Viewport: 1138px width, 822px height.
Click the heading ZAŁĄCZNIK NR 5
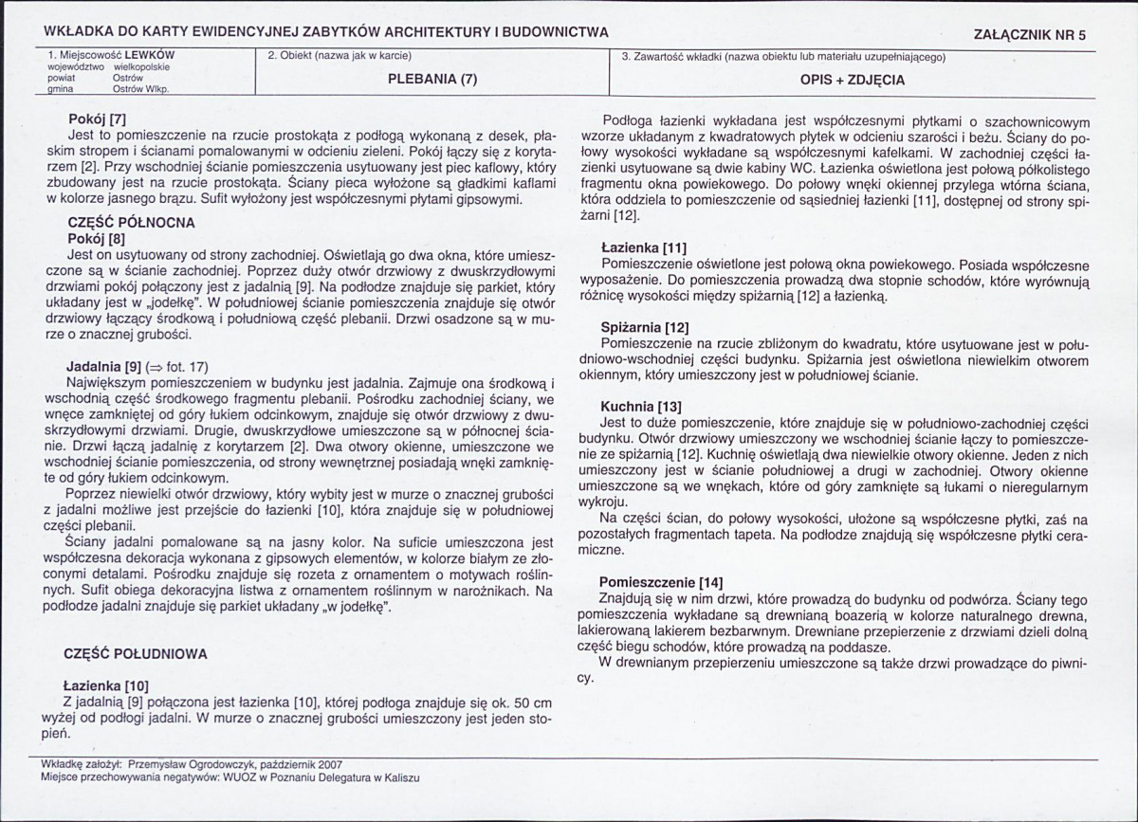[1030, 34]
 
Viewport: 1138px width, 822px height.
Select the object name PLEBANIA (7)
[432, 81]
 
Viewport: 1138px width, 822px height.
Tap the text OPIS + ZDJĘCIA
[853, 81]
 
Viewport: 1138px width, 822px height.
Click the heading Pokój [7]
[97, 120]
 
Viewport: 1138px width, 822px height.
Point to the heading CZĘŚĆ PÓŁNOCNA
[131, 223]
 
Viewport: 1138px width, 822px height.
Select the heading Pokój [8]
[97, 239]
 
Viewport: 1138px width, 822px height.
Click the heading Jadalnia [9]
[104, 366]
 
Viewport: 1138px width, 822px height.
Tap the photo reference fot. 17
[187, 367]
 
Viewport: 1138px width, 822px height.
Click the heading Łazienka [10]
[105, 685]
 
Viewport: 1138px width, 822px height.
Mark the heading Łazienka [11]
[644, 248]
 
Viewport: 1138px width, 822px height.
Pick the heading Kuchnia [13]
[641, 407]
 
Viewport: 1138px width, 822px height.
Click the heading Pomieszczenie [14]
[661, 581]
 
